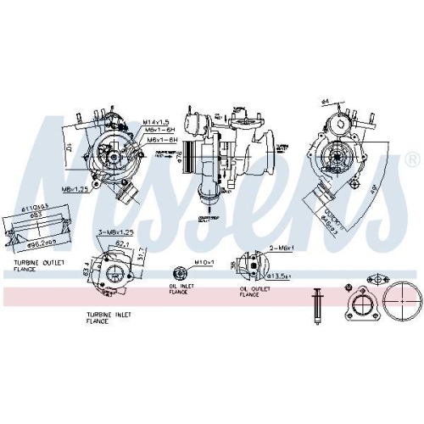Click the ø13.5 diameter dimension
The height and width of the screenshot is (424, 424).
tap(280, 276)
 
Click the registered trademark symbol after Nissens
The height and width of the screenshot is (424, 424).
tap(411, 159)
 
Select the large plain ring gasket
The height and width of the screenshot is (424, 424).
tap(399, 303)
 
